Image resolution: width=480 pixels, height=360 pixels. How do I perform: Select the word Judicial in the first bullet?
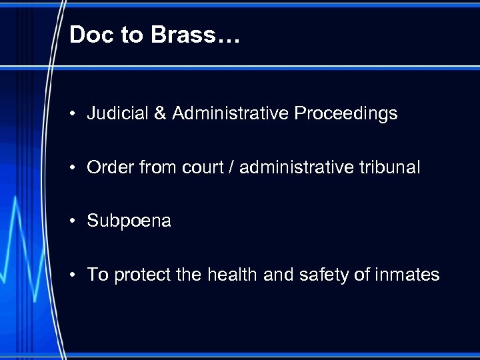[x=111, y=114]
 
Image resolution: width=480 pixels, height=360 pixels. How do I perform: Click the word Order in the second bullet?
[x=107, y=168]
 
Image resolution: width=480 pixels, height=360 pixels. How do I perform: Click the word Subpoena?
[x=129, y=221]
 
